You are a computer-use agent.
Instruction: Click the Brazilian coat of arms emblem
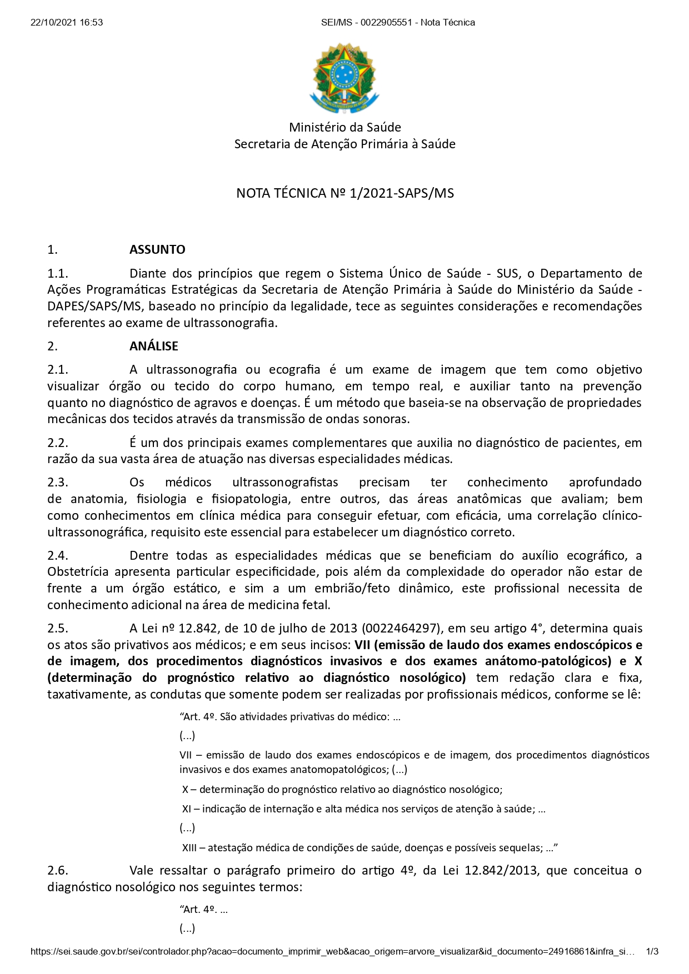coord(344,78)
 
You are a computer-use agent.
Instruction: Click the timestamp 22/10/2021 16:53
coord(67,23)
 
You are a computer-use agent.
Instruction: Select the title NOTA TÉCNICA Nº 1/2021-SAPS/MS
coord(344,193)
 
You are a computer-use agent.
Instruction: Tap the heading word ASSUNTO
coord(157,250)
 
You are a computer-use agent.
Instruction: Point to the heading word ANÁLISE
coord(154,347)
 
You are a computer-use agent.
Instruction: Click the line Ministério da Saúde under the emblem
coord(344,127)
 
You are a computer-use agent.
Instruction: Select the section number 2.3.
coord(58,482)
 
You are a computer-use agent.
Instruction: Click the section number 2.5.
coord(58,629)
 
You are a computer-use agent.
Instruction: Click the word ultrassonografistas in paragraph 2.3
coord(285,482)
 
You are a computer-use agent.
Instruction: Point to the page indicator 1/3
coord(652,951)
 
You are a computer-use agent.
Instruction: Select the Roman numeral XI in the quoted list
coord(187,809)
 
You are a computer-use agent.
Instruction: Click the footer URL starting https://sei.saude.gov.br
coord(332,951)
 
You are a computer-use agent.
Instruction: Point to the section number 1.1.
coord(58,273)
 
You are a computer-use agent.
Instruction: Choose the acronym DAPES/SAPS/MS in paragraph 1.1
coord(94,307)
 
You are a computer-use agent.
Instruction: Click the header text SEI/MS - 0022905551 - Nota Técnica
coord(398,23)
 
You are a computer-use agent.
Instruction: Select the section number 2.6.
coord(58,870)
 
